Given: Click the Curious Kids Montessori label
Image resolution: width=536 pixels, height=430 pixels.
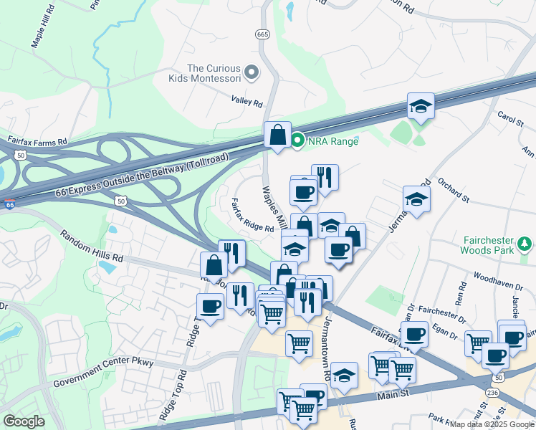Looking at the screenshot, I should pyautogui.click(x=213, y=73).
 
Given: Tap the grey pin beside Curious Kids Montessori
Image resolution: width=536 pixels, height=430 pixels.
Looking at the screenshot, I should pyautogui.click(x=252, y=72).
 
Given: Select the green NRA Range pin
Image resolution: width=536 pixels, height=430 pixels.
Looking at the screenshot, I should pyautogui.click(x=298, y=140).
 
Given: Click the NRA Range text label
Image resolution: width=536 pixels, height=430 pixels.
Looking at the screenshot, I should pyautogui.click(x=333, y=140).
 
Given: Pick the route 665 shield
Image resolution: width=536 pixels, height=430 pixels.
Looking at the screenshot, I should pyautogui.click(x=262, y=34).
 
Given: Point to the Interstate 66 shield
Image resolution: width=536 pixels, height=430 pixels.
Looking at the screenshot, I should pyautogui.click(x=9, y=204).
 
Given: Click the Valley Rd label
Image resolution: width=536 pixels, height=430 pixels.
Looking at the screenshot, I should pyautogui.click(x=247, y=102).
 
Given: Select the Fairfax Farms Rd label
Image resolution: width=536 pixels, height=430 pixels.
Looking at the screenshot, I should pyautogui.click(x=37, y=141).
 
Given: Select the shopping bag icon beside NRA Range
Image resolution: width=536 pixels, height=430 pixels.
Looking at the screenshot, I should pyautogui.click(x=277, y=135).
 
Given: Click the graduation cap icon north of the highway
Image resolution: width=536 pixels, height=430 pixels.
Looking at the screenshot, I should pyautogui.click(x=421, y=106).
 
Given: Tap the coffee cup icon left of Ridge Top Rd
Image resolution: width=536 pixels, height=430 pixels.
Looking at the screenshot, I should pyautogui.click(x=210, y=306).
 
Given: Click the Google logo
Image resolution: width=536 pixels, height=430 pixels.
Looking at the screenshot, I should pyautogui.click(x=24, y=421).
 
